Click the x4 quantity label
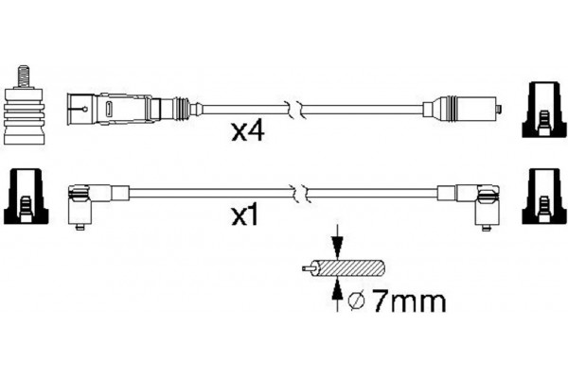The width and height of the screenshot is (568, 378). pos(248,131)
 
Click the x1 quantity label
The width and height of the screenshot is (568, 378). pos(245,216)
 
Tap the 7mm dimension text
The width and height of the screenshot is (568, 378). pos(409,301)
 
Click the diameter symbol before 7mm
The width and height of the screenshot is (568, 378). pos(357,301)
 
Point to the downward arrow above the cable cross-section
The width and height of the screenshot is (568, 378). pos(338,242)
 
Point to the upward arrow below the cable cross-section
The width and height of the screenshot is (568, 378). pos(338,295)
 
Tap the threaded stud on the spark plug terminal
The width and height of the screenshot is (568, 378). pos(24,77)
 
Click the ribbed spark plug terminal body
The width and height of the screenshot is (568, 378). pos(24,115)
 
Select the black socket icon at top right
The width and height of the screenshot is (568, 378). pos(543,110)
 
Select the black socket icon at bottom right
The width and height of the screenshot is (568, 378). pos(543,197)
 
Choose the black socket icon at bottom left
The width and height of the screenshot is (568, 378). pos(26,197)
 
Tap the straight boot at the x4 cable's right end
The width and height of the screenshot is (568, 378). pos(462,108)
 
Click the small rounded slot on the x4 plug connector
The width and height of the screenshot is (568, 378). pos(109,109)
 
